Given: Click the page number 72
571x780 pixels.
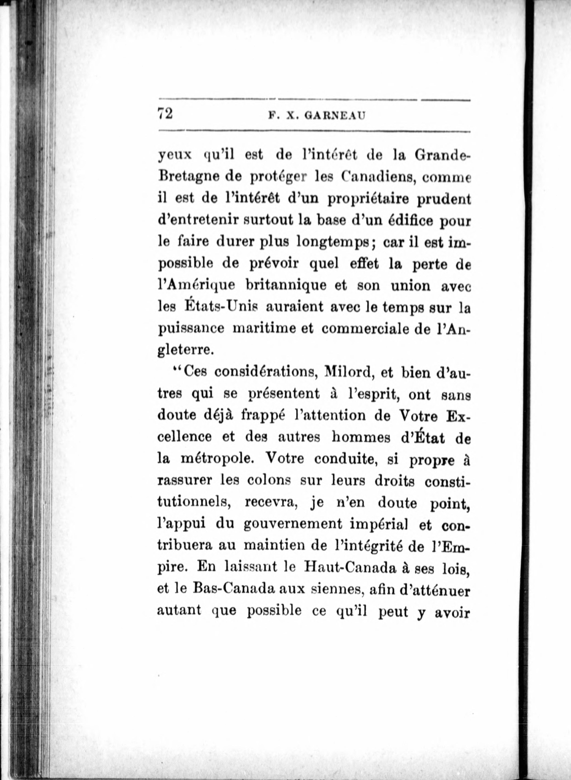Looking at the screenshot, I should pos(165,113).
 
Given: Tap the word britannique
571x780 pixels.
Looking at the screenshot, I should pos(281,285).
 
